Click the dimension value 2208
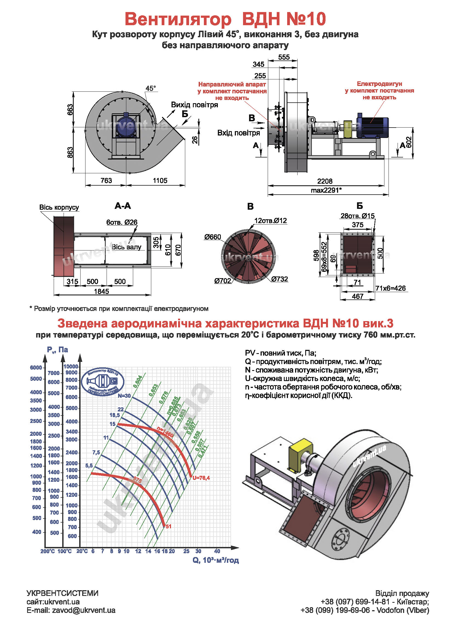click(x=325, y=181)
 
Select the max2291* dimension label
click(x=326, y=190)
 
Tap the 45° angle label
click(x=150, y=88)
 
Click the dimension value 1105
click(x=160, y=181)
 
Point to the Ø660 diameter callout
click(x=212, y=237)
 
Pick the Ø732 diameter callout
click(x=279, y=279)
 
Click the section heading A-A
click(x=122, y=206)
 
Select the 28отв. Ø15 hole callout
click(x=357, y=216)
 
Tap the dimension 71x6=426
click(x=390, y=289)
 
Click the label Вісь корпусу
click(x=59, y=207)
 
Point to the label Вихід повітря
click(x=194, y=105)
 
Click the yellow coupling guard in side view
click(x=348, y=129)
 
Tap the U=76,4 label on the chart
click(x=201, y=478)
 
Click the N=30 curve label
click(x=124, y=396)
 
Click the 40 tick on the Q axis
click(x=217, y=551)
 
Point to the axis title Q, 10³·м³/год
click(x=216, y=560)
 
